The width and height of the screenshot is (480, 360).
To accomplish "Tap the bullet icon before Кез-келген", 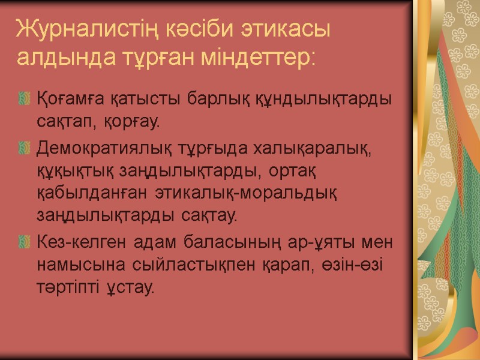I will (x=24, y=242).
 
